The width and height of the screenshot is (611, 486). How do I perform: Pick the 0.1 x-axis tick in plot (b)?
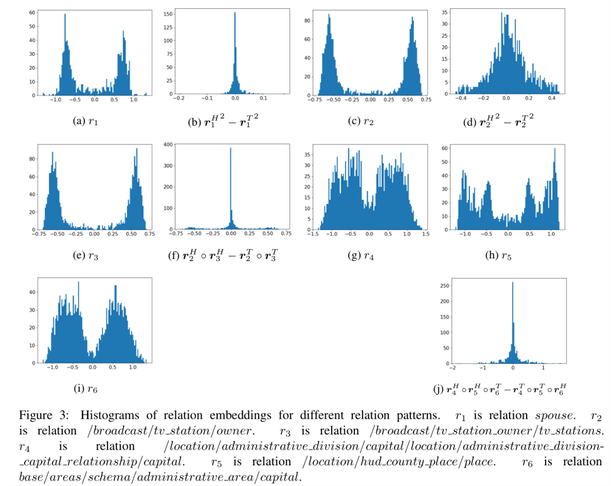[x=263, y=99]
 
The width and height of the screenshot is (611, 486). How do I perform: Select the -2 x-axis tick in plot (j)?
[x=452, y=368]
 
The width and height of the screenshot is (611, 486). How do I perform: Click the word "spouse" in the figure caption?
[x=554, y=417]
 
